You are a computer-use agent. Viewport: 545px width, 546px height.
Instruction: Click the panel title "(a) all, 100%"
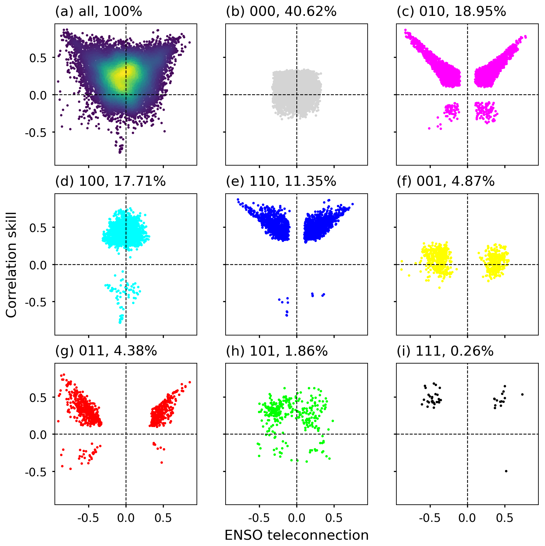98,12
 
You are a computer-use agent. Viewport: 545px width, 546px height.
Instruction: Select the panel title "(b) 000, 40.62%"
281,12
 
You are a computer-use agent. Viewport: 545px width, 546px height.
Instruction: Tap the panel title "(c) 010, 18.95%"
451,12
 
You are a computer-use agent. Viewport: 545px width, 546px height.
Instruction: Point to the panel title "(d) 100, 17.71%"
110,181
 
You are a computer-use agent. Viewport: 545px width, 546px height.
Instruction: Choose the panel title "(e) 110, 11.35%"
281,181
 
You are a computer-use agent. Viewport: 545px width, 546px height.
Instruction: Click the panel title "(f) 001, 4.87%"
446,181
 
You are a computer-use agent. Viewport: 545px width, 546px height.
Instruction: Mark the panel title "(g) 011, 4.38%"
106,351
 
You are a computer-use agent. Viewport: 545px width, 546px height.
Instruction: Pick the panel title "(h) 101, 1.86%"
277,351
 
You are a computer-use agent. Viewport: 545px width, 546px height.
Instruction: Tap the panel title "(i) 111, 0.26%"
445,351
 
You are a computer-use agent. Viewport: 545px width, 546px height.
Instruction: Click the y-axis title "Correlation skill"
11,265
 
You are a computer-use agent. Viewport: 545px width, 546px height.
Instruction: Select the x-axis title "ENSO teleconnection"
296,535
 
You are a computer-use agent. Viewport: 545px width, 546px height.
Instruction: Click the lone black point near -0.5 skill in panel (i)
506,471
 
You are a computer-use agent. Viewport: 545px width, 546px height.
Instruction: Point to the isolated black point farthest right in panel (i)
522,394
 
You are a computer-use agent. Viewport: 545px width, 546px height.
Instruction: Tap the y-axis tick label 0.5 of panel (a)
38,58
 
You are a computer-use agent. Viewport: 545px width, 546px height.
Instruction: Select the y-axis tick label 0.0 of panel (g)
38,435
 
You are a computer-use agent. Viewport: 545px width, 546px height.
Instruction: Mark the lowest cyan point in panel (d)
120,322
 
